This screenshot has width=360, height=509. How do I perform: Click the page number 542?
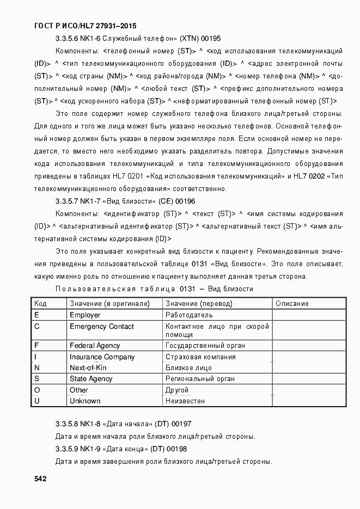[x=40, y=479]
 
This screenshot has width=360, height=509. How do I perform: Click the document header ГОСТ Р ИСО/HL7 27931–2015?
[x=86, y=26]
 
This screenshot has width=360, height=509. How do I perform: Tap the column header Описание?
[x=292, y=303]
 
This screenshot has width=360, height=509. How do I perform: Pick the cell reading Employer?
[x=85, y=315]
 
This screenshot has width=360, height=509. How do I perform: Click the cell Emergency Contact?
[x=101, y=327]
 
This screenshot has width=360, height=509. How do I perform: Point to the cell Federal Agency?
[x=95, y=345]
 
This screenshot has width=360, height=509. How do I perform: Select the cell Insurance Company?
[x=102, y=357]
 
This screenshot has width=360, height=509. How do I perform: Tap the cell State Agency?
[x=91, y=378]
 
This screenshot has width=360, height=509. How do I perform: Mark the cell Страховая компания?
[x=200, y=357]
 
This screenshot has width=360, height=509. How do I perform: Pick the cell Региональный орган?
[x=200, y=378]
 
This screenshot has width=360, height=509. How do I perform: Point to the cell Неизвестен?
[x=185, y=401]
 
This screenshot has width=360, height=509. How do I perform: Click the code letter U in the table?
[x=36, y=401]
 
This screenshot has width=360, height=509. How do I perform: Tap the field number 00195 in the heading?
[x=210, y=39]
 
